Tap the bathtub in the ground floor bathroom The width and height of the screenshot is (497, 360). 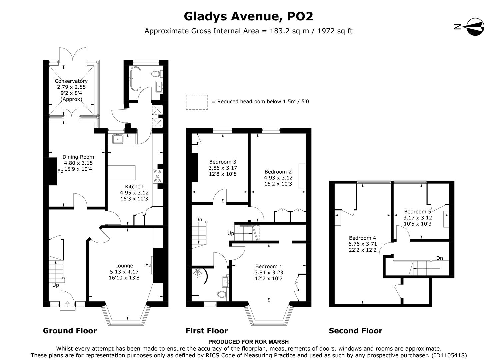tap(136, 79)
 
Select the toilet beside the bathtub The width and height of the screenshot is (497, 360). tap(156, 73)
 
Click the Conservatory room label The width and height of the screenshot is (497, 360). tap(71, 81)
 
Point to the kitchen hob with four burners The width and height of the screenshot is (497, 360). tap(158, 176)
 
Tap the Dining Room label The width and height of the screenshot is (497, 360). tap(78, 157)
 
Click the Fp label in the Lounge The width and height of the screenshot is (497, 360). tap(148, 265)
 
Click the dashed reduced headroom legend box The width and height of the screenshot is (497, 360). tap(197, 102)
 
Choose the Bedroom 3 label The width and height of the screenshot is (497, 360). tap(223, 162)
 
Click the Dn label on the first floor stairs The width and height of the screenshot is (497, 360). tap(199, 220)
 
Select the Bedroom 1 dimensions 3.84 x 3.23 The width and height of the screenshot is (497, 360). tap(269, 272)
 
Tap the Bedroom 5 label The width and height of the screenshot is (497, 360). tap(417, 212)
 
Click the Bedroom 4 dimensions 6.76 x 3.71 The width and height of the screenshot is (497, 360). tap(362, 244)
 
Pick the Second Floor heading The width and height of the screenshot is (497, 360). tap(355, 331)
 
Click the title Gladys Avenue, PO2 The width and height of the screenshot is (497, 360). tap(248, 16)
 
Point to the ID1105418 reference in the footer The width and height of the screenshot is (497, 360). tap(449, 355)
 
